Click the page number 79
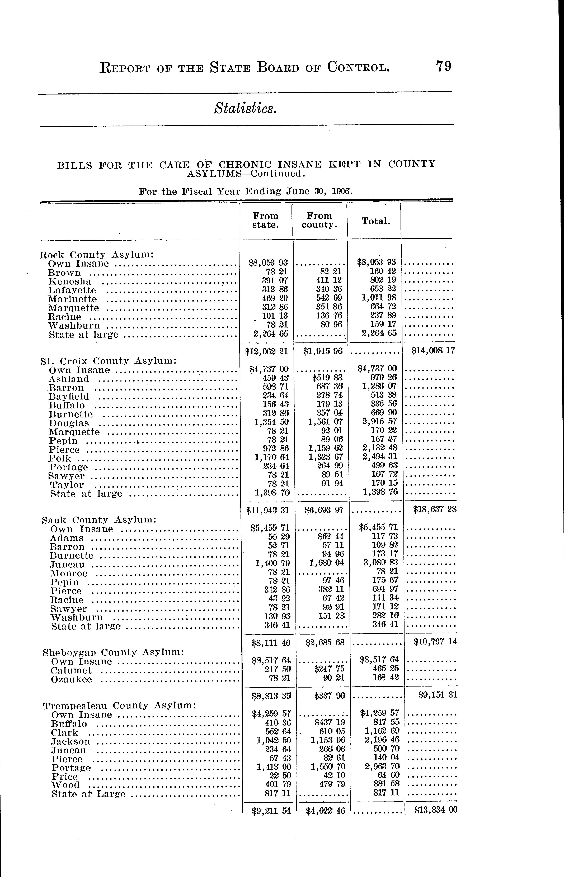[x=444, y=67]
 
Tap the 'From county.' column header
[x=319, y=220]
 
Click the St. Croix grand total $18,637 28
[x=434, y=509]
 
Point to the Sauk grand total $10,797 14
[x=435, y=642]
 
